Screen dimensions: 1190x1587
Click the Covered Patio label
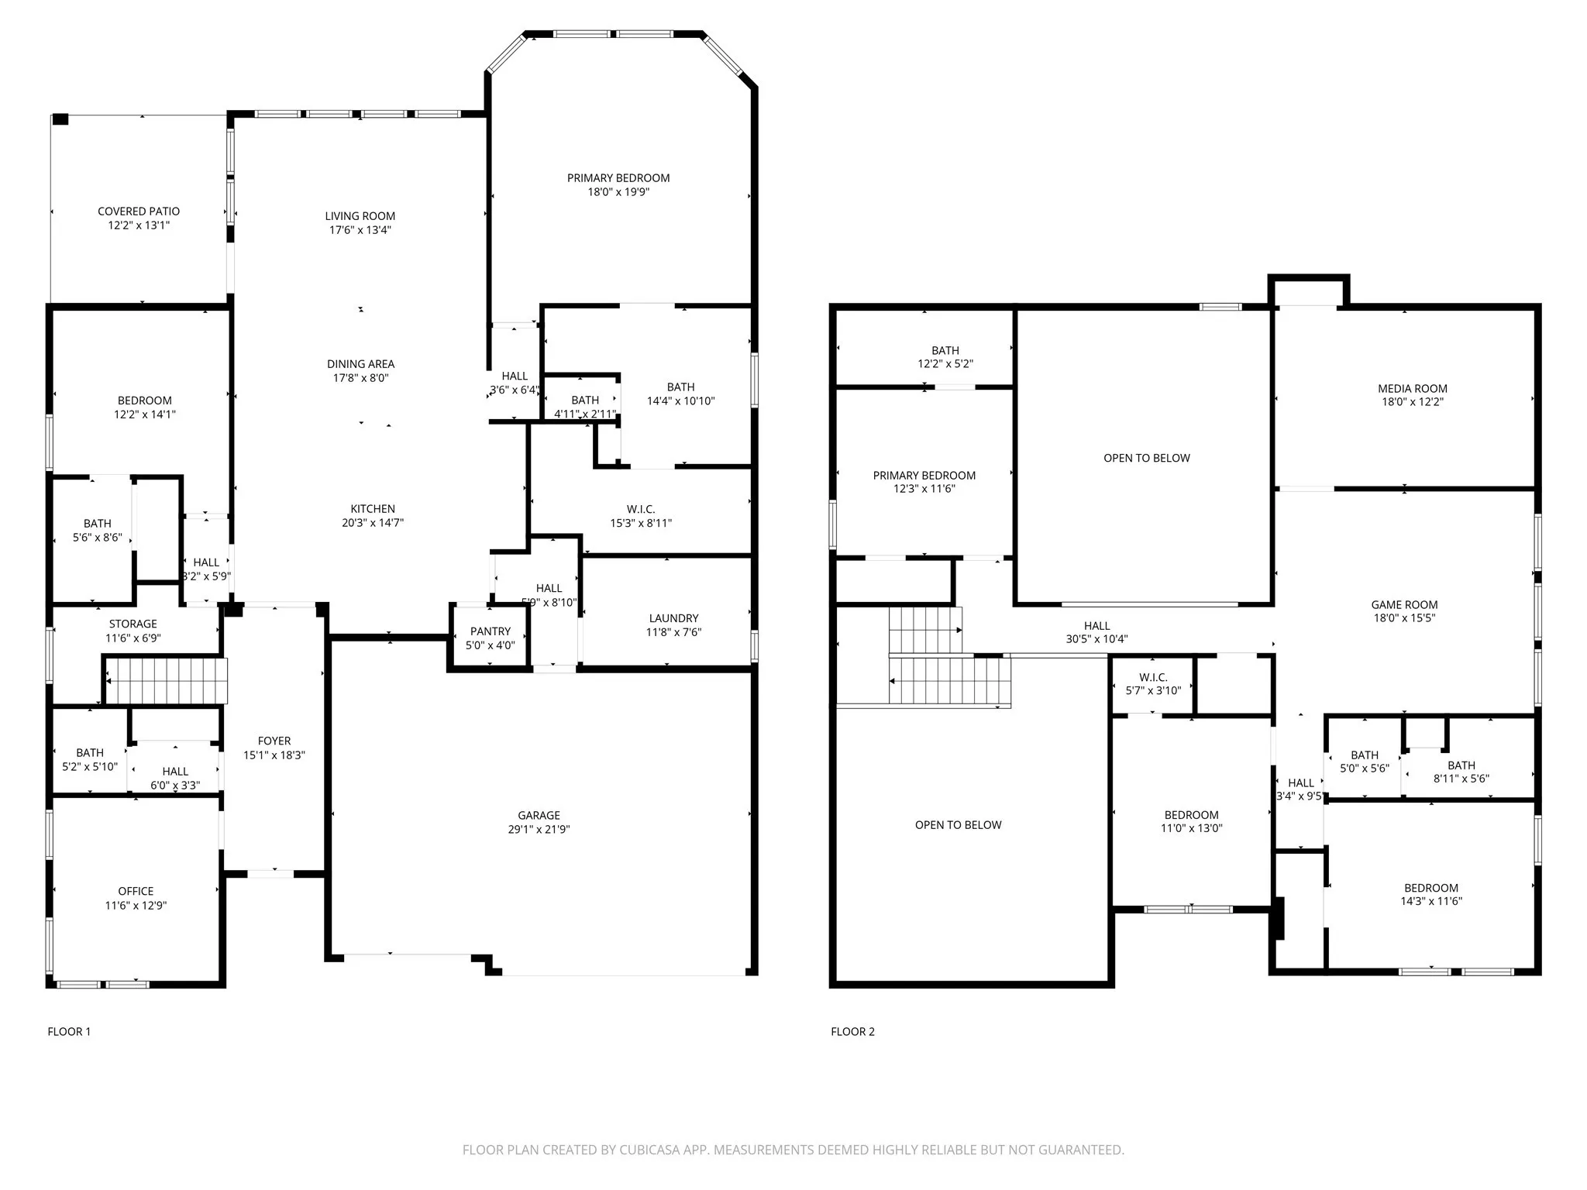coord(139,211)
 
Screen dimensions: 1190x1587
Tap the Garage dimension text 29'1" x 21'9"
coord(539,829)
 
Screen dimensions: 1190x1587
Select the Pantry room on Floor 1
coord(490,637)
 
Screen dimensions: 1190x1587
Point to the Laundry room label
coord(673,618)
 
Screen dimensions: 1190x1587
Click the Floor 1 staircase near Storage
coord(166,680)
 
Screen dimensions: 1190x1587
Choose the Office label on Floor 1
coord(136,891)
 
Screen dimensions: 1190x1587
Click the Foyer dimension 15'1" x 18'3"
coord(274,755)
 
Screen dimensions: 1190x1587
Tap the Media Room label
coord(1412,388)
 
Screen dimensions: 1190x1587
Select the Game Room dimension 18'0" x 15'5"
coord(1404,618)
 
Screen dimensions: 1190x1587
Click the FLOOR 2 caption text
coord(852,1031)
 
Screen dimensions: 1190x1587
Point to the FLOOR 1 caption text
coord(69,1031)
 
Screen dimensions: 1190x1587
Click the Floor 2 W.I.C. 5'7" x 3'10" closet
coord(1153,683)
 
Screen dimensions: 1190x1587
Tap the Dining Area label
coord(360,363)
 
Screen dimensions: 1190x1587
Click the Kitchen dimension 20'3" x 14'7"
coord(373,522)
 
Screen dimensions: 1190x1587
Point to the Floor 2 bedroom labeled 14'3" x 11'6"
coord(1430,894)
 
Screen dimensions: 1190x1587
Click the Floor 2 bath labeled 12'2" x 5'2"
coord(945,356)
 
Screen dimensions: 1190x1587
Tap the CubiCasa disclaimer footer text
coord(793,1150)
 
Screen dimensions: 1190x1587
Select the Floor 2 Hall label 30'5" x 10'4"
coord(1096,632)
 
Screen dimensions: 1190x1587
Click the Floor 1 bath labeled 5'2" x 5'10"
coord(90,759)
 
